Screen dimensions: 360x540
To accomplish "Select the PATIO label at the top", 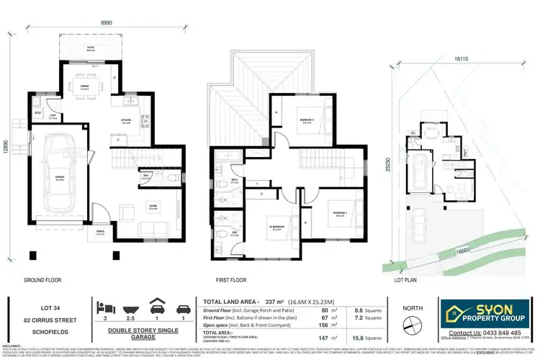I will coord(90,49).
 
